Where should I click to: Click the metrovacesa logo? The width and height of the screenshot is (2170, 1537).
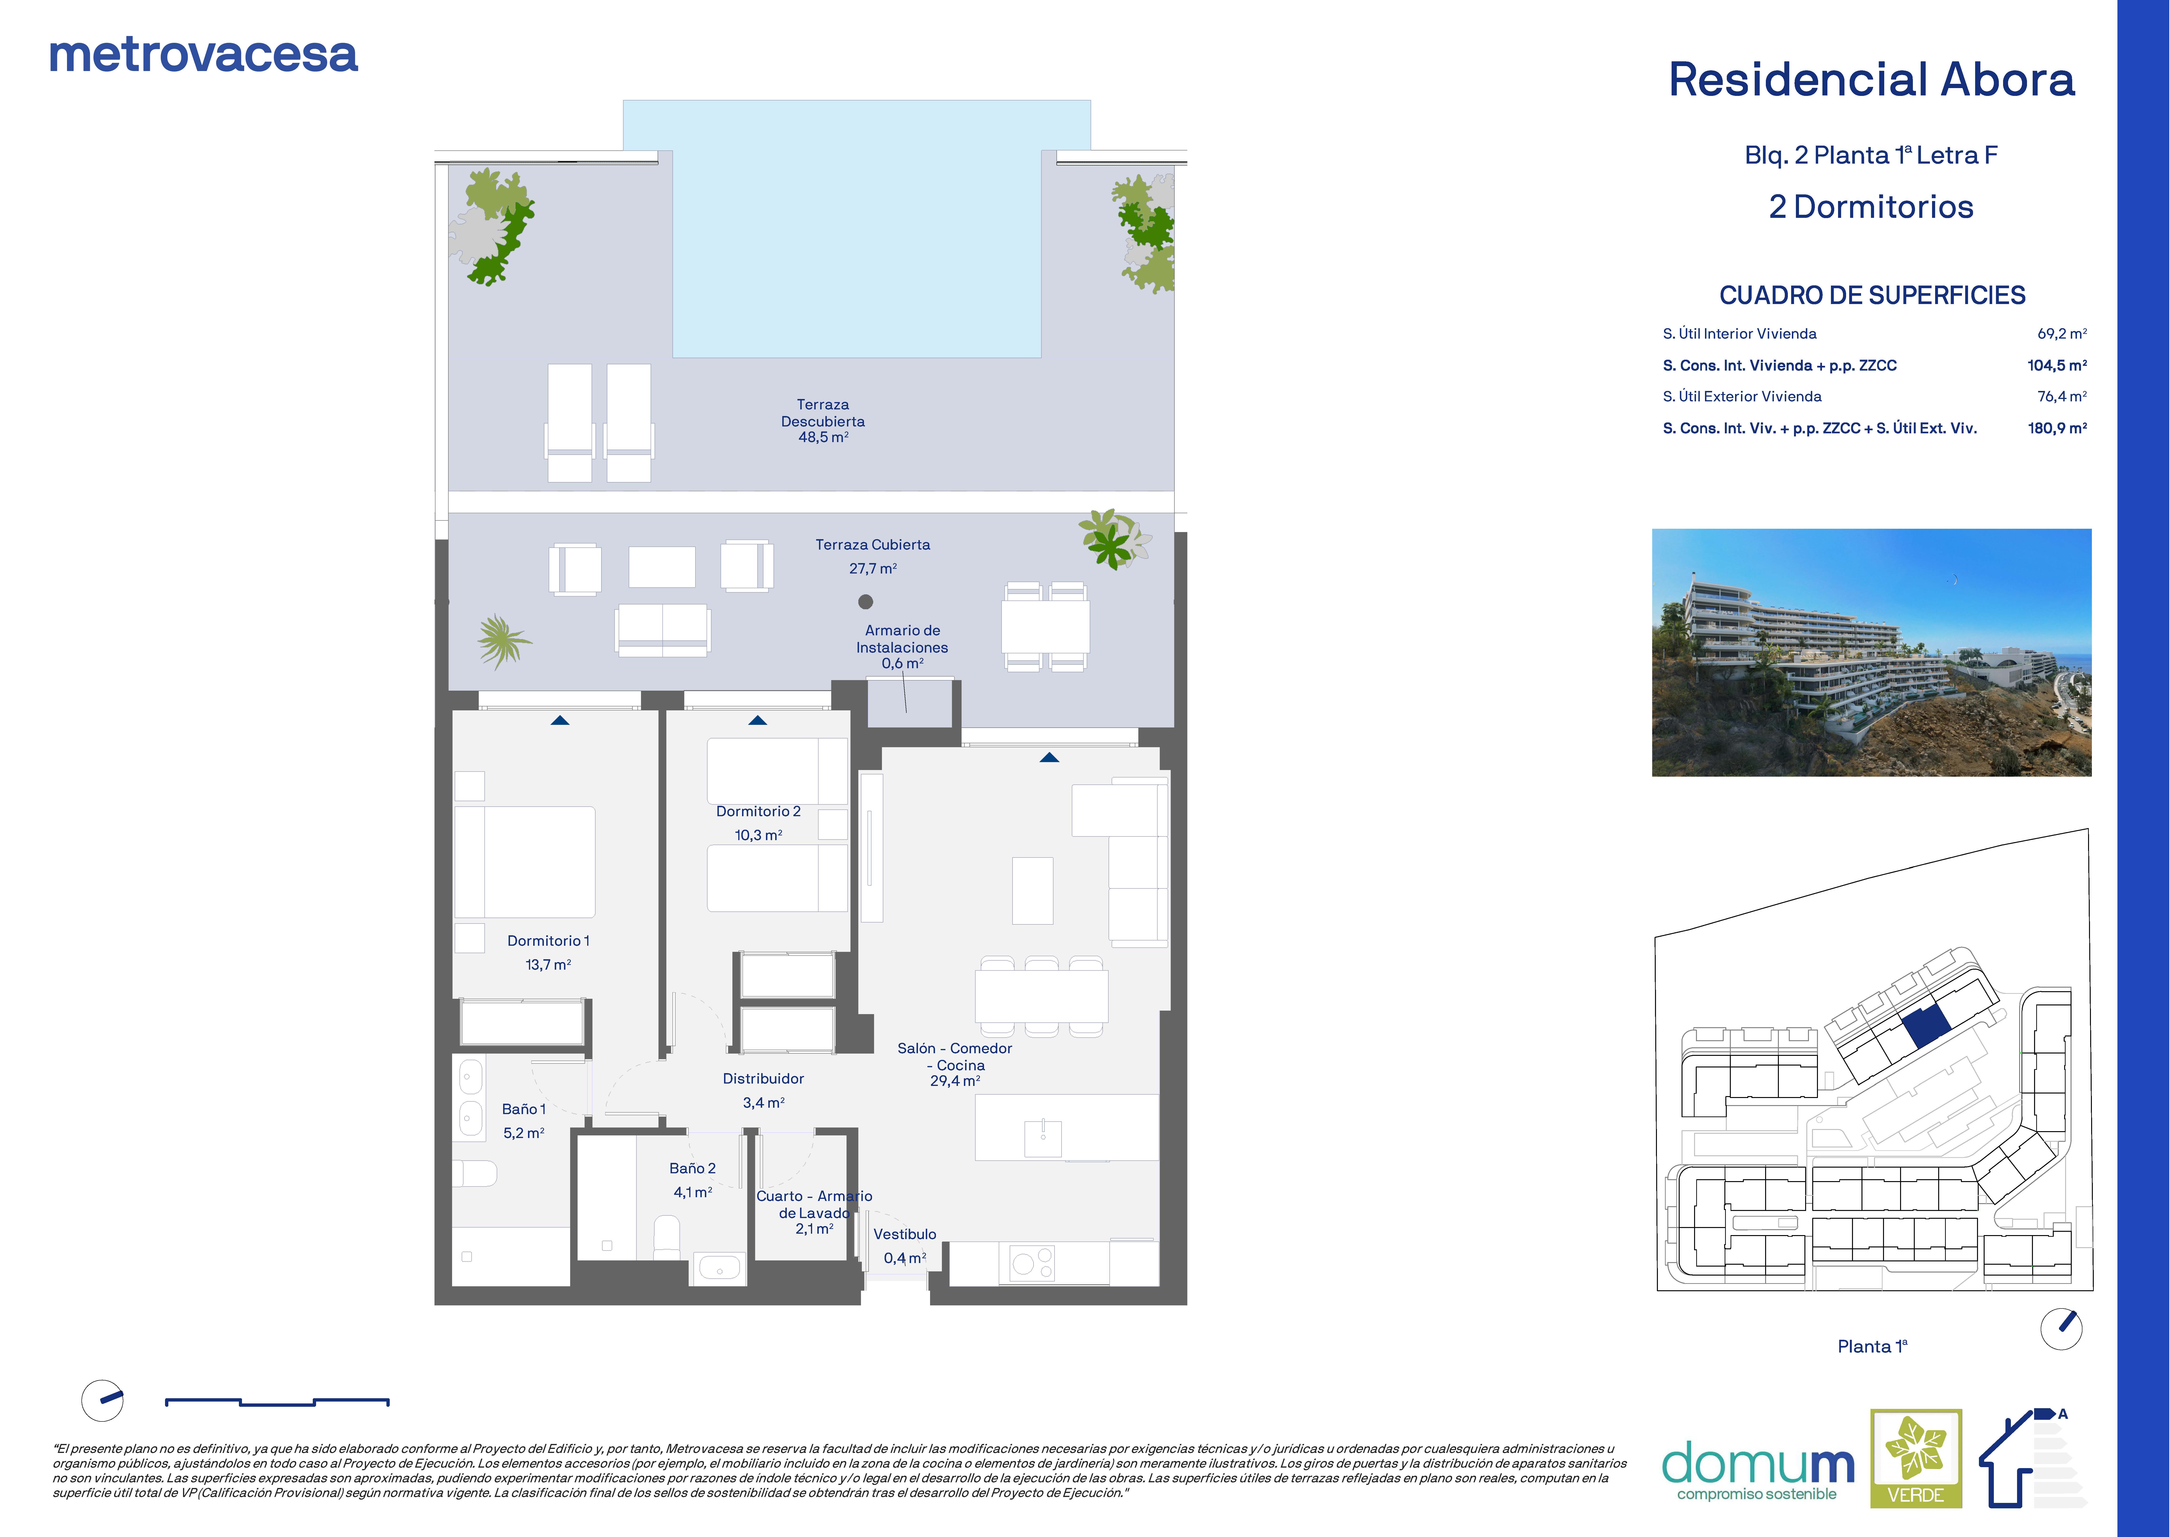[203, 56]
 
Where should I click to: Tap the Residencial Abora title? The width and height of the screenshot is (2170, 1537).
[1871, 80]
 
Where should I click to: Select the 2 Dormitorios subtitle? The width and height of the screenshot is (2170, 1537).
[1871, 207]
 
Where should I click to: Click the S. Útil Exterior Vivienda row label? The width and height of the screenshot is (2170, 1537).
[1741, 397]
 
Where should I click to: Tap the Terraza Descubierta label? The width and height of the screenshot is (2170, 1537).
[822, 413]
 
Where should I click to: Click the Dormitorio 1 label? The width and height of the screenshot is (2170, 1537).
[548, 941]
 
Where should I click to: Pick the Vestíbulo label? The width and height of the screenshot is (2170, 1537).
[905, 1234]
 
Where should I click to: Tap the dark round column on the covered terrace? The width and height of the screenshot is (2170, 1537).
[865, 601]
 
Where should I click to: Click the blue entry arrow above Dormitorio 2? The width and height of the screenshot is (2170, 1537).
[757, 720]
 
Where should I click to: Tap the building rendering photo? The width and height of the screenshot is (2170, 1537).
[1871, 653]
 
